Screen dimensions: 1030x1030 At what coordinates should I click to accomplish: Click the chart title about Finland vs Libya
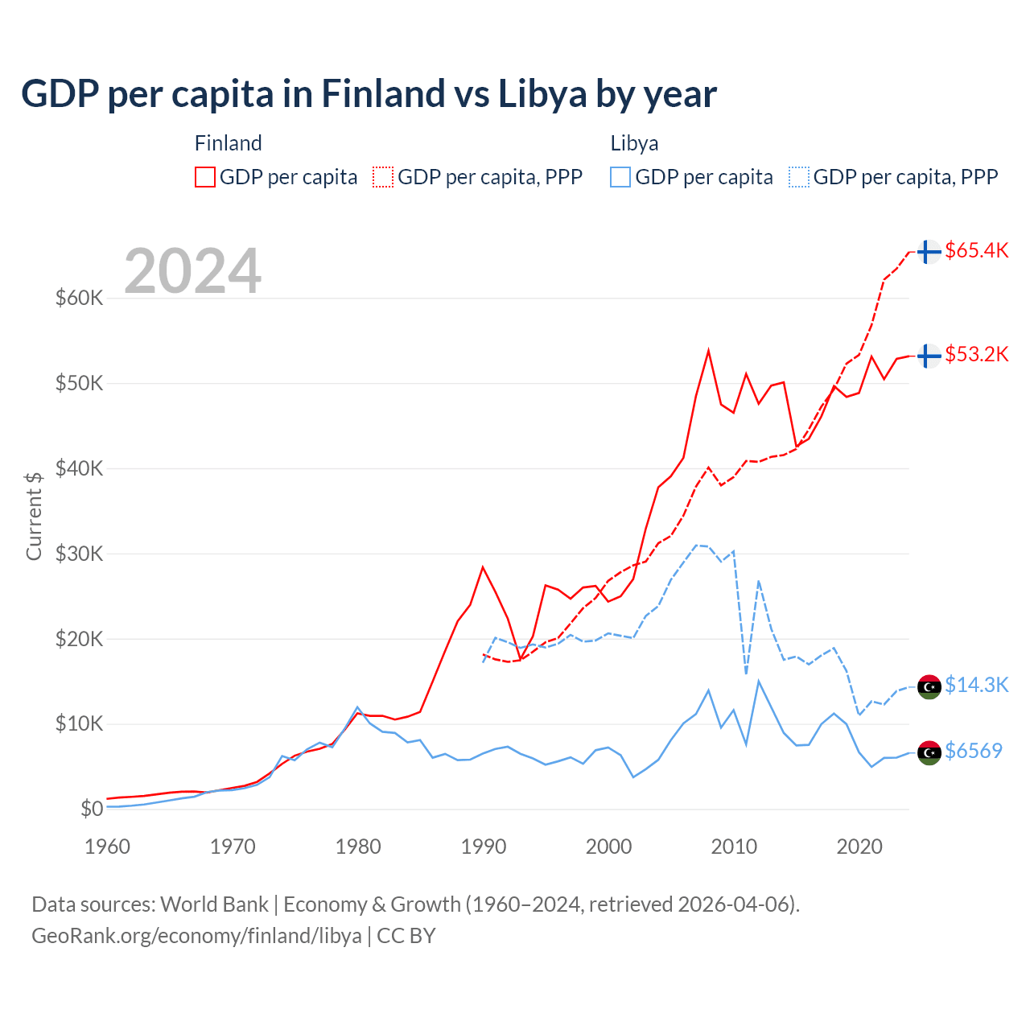369,94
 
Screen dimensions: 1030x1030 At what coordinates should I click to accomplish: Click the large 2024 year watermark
193,271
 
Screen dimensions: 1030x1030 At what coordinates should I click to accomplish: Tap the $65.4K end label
976,251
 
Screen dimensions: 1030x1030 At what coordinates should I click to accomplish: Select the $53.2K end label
976,355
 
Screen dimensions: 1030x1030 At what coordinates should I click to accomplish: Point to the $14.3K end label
976,685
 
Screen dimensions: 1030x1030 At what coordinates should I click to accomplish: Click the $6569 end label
973,752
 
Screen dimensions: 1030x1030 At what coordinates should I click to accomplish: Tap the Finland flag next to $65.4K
929,252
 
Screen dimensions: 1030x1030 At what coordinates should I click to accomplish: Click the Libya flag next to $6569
929,752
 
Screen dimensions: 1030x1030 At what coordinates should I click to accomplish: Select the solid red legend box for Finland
205,177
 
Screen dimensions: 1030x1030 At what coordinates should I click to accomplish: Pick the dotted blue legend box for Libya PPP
799,177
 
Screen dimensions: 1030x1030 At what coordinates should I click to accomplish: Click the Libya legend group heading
634,143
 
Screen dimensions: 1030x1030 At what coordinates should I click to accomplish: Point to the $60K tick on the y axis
79,299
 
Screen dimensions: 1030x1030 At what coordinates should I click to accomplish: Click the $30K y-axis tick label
79,554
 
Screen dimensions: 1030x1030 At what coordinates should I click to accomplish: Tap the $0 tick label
92,809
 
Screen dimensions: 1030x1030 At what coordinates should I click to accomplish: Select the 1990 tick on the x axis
484,847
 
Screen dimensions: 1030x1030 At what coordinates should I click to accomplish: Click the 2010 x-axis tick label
734,847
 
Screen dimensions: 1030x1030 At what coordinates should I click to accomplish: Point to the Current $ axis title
34,516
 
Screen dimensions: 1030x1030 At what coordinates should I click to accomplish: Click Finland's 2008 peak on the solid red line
708,351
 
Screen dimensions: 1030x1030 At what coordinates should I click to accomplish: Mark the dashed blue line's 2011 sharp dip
746,673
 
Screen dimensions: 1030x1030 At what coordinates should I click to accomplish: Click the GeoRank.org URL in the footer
196,936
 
